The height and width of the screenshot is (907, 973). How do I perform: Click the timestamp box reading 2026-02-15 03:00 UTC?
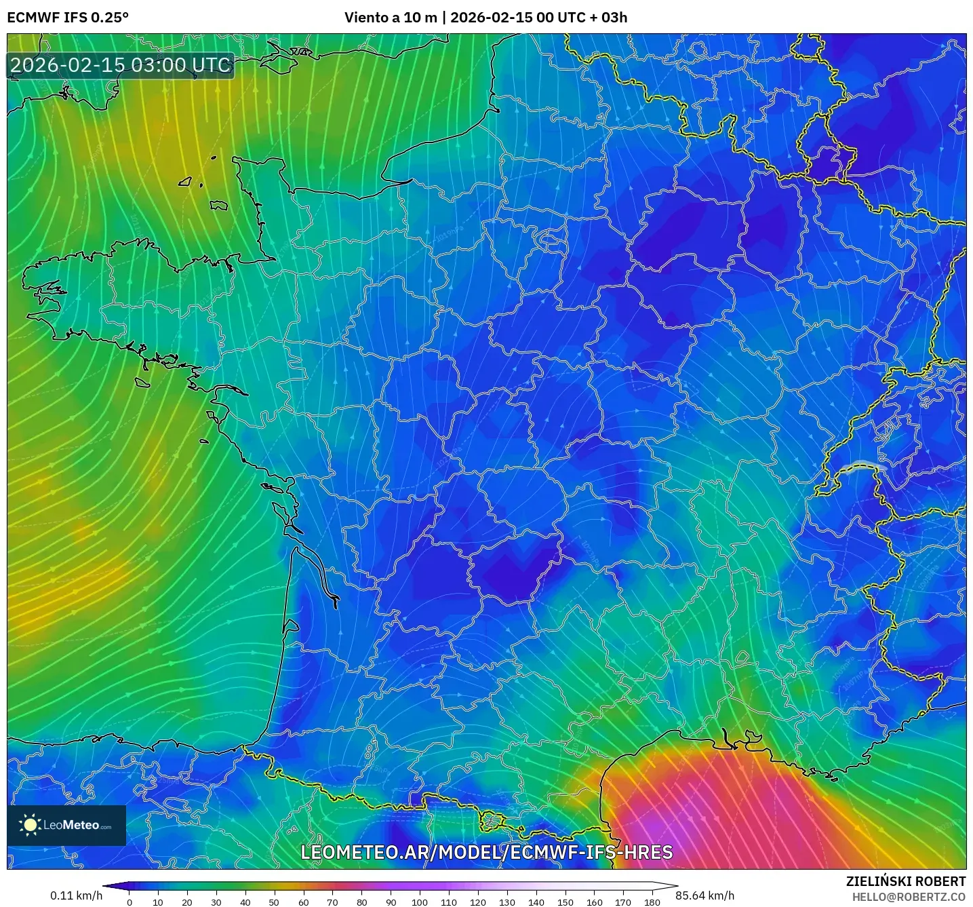point(121,65)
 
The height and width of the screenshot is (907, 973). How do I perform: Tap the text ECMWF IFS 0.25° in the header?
point(67,18)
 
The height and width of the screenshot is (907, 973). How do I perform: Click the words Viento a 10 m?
point(391,18)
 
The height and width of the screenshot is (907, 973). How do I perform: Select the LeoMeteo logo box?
point(66,825)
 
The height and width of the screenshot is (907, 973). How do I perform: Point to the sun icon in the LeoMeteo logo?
point(30,825)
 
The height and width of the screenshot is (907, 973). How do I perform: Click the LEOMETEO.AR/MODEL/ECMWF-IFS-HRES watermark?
point(486,852)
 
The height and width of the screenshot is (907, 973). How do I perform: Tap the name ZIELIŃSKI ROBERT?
point(905,881)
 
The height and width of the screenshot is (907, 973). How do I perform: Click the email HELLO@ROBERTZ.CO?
point(909,897)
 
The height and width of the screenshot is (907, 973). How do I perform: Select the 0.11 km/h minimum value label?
point(76,895)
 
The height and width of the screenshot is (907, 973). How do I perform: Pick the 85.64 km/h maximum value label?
point(704,895)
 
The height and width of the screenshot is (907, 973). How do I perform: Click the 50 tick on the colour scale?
point(274,902)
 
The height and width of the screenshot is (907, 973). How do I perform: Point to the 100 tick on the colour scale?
point(420,902)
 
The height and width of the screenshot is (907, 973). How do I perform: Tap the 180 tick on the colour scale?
point(652,902)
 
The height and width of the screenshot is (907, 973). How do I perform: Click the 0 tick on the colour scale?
point(130,902)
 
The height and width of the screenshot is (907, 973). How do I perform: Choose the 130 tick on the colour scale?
point(507,902)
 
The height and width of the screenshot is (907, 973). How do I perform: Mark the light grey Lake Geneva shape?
point(862,466)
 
